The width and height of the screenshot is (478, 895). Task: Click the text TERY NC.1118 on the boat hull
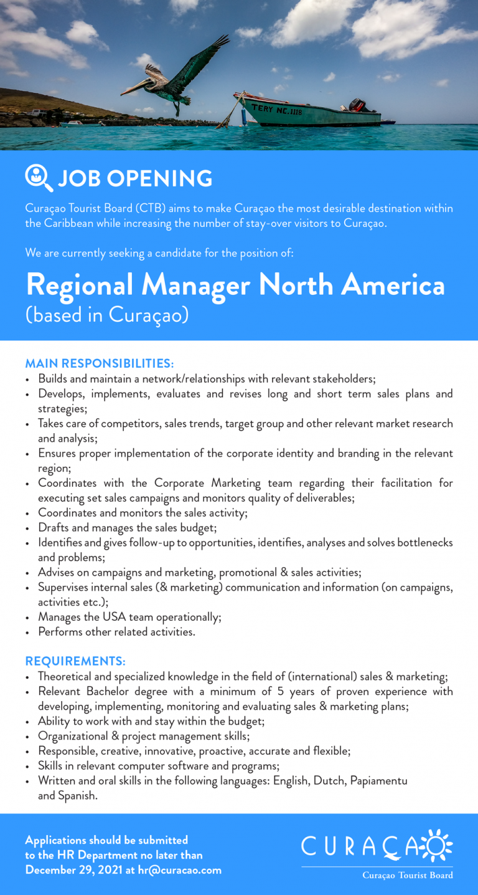276,110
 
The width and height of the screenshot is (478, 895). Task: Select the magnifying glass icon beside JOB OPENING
39,178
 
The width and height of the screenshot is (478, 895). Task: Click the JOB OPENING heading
135,179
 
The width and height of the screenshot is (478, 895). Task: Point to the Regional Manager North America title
235,285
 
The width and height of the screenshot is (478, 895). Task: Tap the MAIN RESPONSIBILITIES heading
100,363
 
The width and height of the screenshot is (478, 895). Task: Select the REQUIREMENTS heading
75,661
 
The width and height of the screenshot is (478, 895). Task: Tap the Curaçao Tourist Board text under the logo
408,875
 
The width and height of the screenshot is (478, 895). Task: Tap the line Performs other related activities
116,632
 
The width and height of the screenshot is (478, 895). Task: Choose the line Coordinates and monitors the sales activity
143,513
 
